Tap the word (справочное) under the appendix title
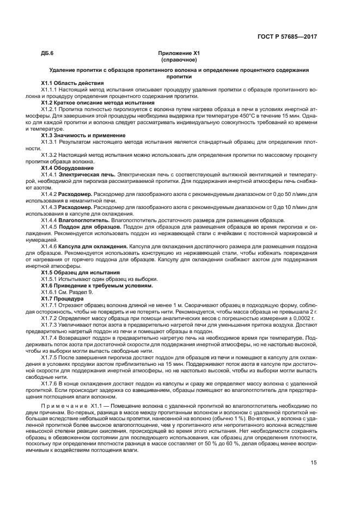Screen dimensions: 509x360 179,60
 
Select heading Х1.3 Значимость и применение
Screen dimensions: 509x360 79,134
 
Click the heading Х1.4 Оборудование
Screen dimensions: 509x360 63,168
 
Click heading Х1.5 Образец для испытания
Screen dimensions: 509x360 77,271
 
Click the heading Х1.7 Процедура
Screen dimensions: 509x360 63,298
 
